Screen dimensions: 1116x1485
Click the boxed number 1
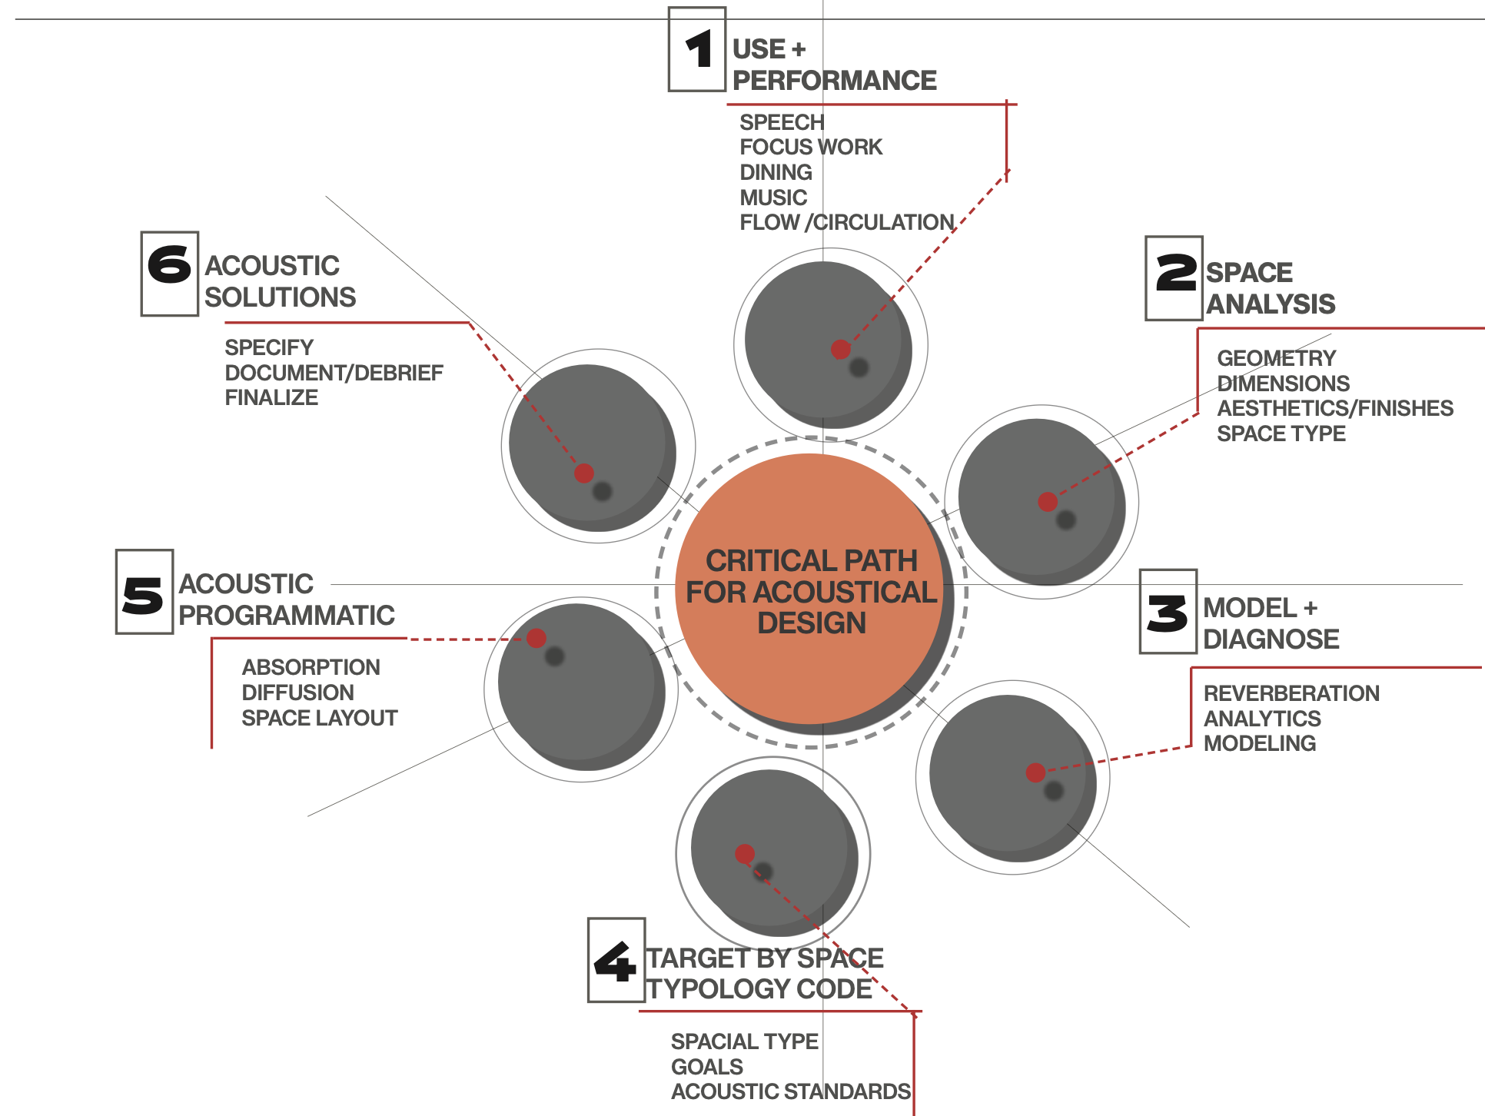pos(697,49)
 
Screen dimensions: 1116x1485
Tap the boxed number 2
pos(1174,277)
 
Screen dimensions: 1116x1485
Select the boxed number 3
pos(1168,612)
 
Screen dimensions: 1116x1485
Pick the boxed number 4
pos(616,960)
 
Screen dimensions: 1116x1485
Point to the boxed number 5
pos(144,593)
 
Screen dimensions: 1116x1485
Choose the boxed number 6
pos(169,274)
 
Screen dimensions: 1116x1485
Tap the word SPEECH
pos(782,122)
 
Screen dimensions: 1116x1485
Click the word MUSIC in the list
pos(773,198)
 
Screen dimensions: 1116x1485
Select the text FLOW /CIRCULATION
pos(846,223)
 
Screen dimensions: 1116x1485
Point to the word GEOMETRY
pos(1276,358)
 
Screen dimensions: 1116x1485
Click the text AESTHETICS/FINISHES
pos(1334,408)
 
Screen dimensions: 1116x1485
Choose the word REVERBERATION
pos(1291,693)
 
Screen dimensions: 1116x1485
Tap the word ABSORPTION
pos(311,667)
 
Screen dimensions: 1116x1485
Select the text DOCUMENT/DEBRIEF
pos(334,373)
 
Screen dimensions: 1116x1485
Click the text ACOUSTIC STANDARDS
pos(790,1091)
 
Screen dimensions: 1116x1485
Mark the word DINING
pos(776,172)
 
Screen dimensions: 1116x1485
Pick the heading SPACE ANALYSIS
pos(1270,288)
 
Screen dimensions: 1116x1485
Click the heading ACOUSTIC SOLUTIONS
pos(280,281)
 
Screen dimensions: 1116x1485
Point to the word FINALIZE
pos(271,398)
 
